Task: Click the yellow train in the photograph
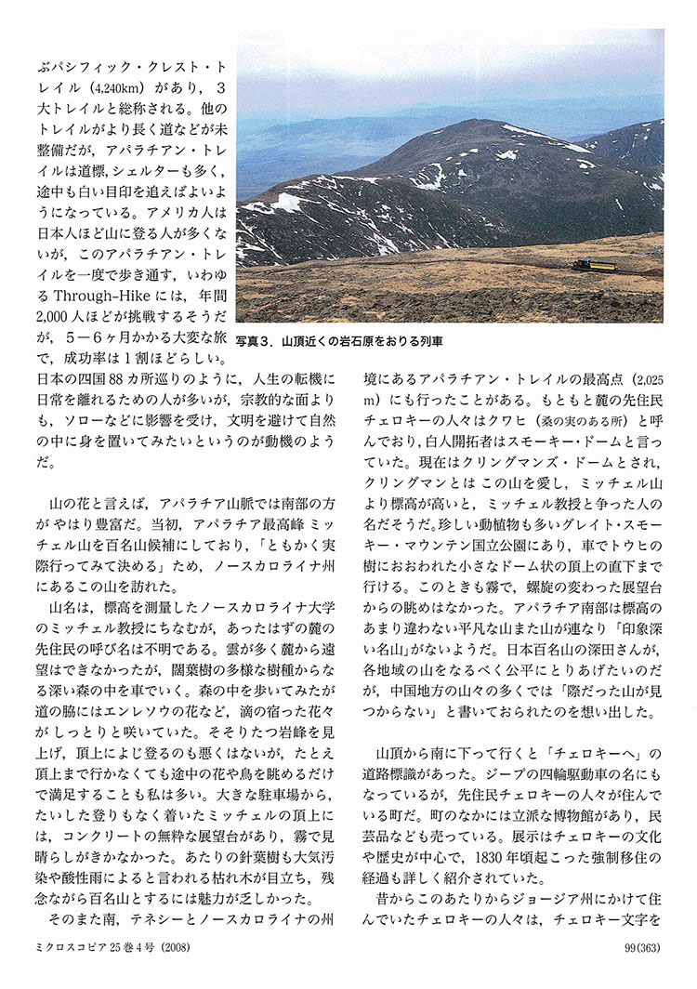(595, 266)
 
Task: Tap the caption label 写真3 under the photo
(254, 342)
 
